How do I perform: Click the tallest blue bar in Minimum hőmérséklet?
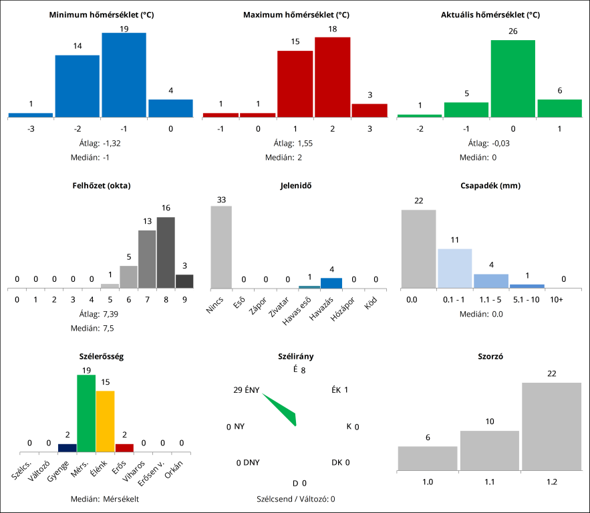click(124, 75)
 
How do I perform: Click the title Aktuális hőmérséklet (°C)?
click(490, 15)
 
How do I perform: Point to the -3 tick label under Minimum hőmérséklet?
click(31, 128)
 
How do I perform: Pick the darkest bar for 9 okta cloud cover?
click(184, 281)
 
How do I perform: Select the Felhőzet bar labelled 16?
click(166, 252)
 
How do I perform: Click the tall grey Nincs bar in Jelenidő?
click(221, 247)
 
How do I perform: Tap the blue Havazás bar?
click(331, 283)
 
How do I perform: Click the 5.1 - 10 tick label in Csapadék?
click(527, 300)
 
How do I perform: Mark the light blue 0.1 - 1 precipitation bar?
click(454, 269)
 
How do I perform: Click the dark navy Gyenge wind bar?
click(67, 448)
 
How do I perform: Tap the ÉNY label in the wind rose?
click(252, 390)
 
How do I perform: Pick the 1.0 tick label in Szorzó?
click(428, 481)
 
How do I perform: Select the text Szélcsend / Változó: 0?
click(295, 499)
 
